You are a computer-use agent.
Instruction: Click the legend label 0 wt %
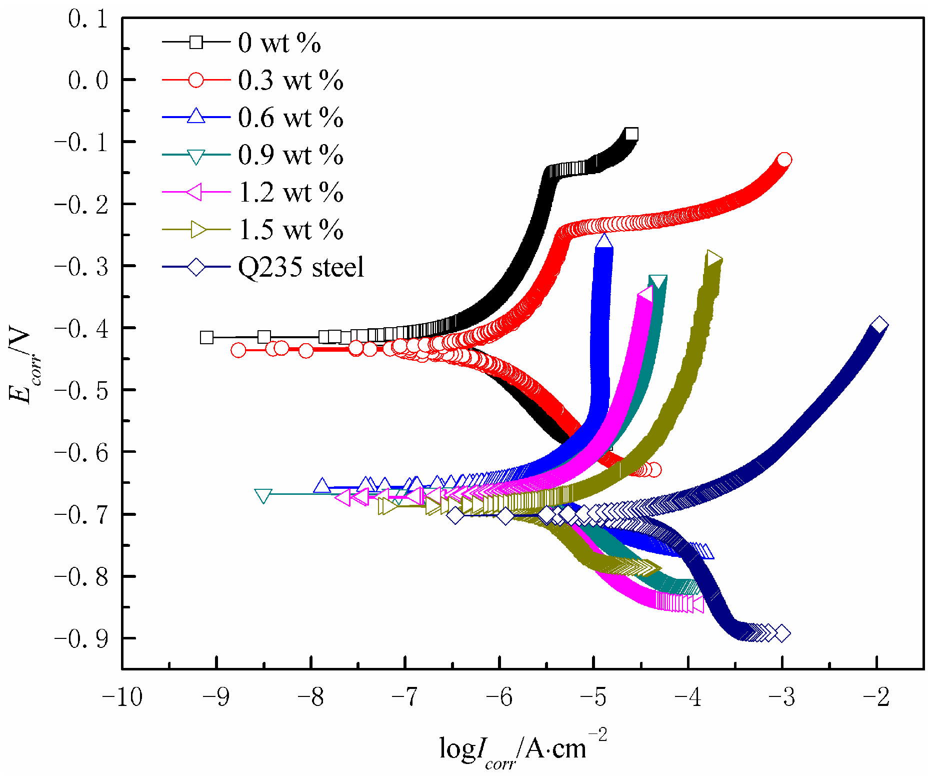(x=279, y=43)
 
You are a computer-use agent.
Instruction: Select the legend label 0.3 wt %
(x=290, y=80)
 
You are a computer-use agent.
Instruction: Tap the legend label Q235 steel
(x=300, y=267)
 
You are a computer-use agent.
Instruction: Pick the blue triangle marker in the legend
(x=196, y=116)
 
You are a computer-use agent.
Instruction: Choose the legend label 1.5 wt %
(x=290, y=230)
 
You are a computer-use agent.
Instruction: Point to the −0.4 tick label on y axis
(x=81, y=328)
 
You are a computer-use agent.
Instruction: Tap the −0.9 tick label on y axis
(x=81, y=639)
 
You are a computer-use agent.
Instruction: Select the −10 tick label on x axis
(x=122, y=696)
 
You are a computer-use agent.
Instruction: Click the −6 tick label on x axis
(x=499, y=696)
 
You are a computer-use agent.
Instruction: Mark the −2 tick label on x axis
(x=876, y=696)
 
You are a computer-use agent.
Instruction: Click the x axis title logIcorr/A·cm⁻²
(x=522, y=748)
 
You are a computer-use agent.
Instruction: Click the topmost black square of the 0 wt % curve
(x=631, y=134)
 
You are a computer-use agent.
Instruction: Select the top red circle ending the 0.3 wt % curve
(x=784, y=160)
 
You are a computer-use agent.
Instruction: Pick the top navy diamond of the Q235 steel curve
(x=879, y=325)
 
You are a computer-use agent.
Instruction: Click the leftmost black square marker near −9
(x=206, y=337)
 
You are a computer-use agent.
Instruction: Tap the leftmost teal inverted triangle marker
(x=263, y=495)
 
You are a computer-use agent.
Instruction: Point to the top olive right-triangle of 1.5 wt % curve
(x=713, y=259)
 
